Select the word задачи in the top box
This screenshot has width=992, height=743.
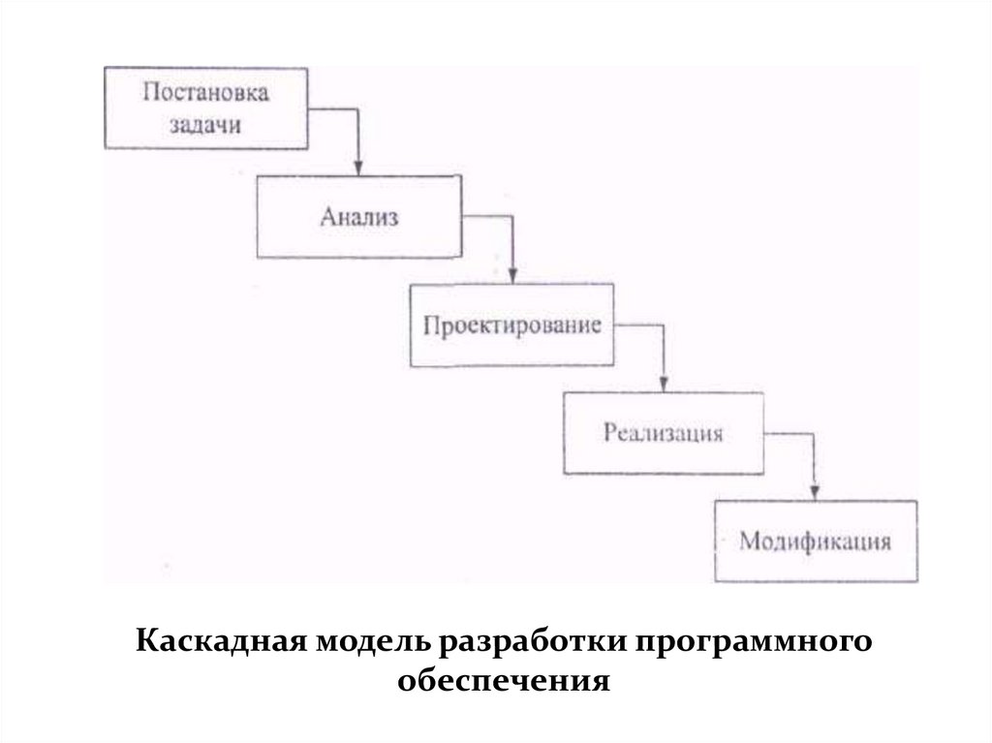(x=204, y=125)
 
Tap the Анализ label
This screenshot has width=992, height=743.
(x=358, y=217)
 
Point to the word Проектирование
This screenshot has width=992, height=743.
(x=512, y=325)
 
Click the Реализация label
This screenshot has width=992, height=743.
(x=664, y=432)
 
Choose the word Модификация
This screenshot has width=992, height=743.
(x=815, y=540)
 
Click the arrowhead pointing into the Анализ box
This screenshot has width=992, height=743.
(x=358, y=167)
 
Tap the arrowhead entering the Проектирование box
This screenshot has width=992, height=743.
(x=513, y=275)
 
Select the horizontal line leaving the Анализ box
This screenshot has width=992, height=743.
(x=486, y=217)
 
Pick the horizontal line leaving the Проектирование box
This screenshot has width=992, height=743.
(x=639, y=325)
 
